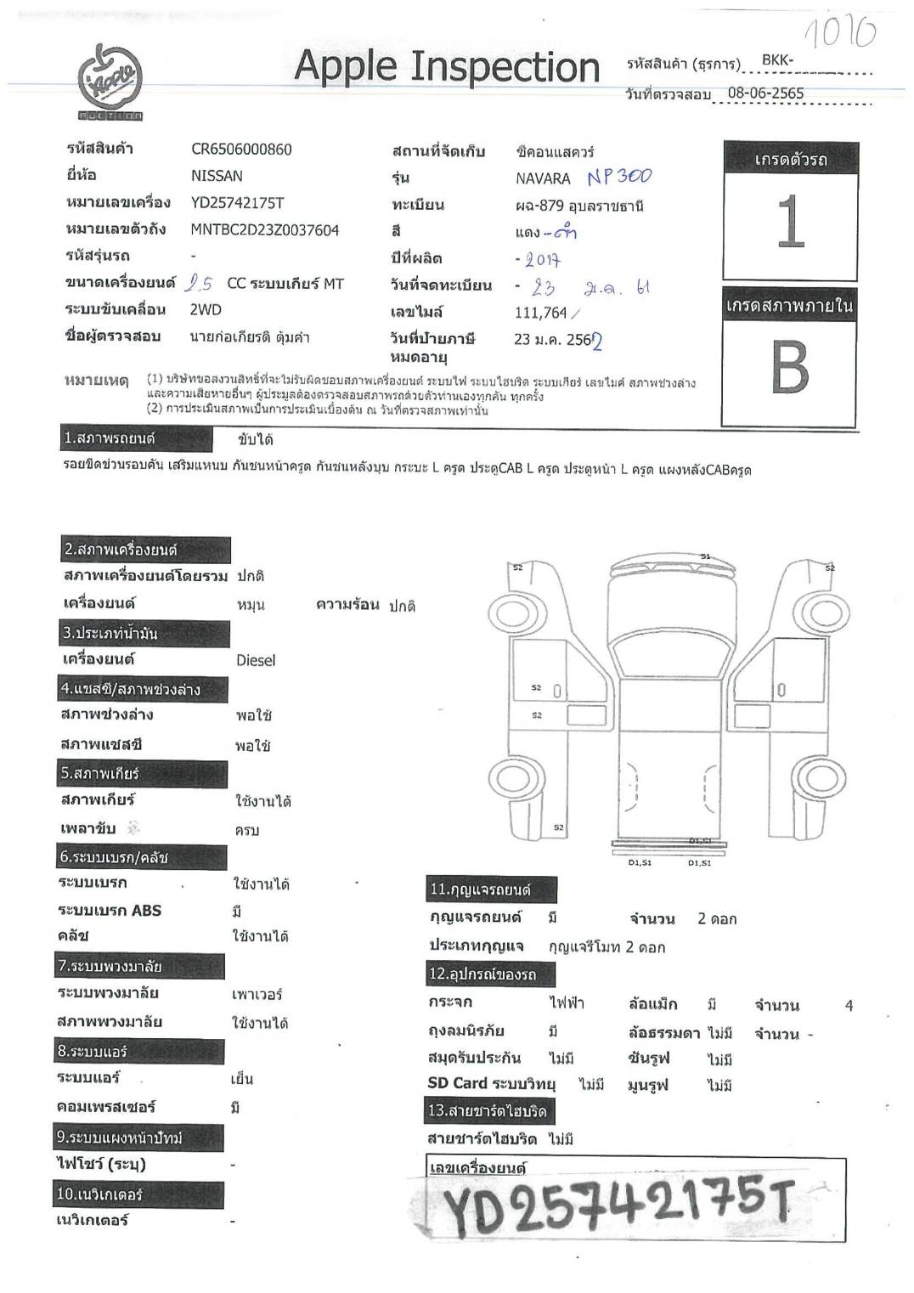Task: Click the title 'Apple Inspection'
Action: coord(447,66)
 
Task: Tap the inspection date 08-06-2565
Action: coord(765,93)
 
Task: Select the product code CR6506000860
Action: coord(241,150)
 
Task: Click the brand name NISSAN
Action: coord(217,176)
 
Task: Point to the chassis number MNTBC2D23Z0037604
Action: coord(264,229)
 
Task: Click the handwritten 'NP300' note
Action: coord(619,177)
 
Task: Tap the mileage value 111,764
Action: coord(540,313)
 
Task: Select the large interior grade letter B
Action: coord(789,368)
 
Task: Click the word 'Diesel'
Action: coord(256,660)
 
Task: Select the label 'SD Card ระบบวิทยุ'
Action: coord(491,1083)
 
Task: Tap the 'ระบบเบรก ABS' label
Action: coord(110,910)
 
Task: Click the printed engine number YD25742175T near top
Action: coord(237,203)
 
